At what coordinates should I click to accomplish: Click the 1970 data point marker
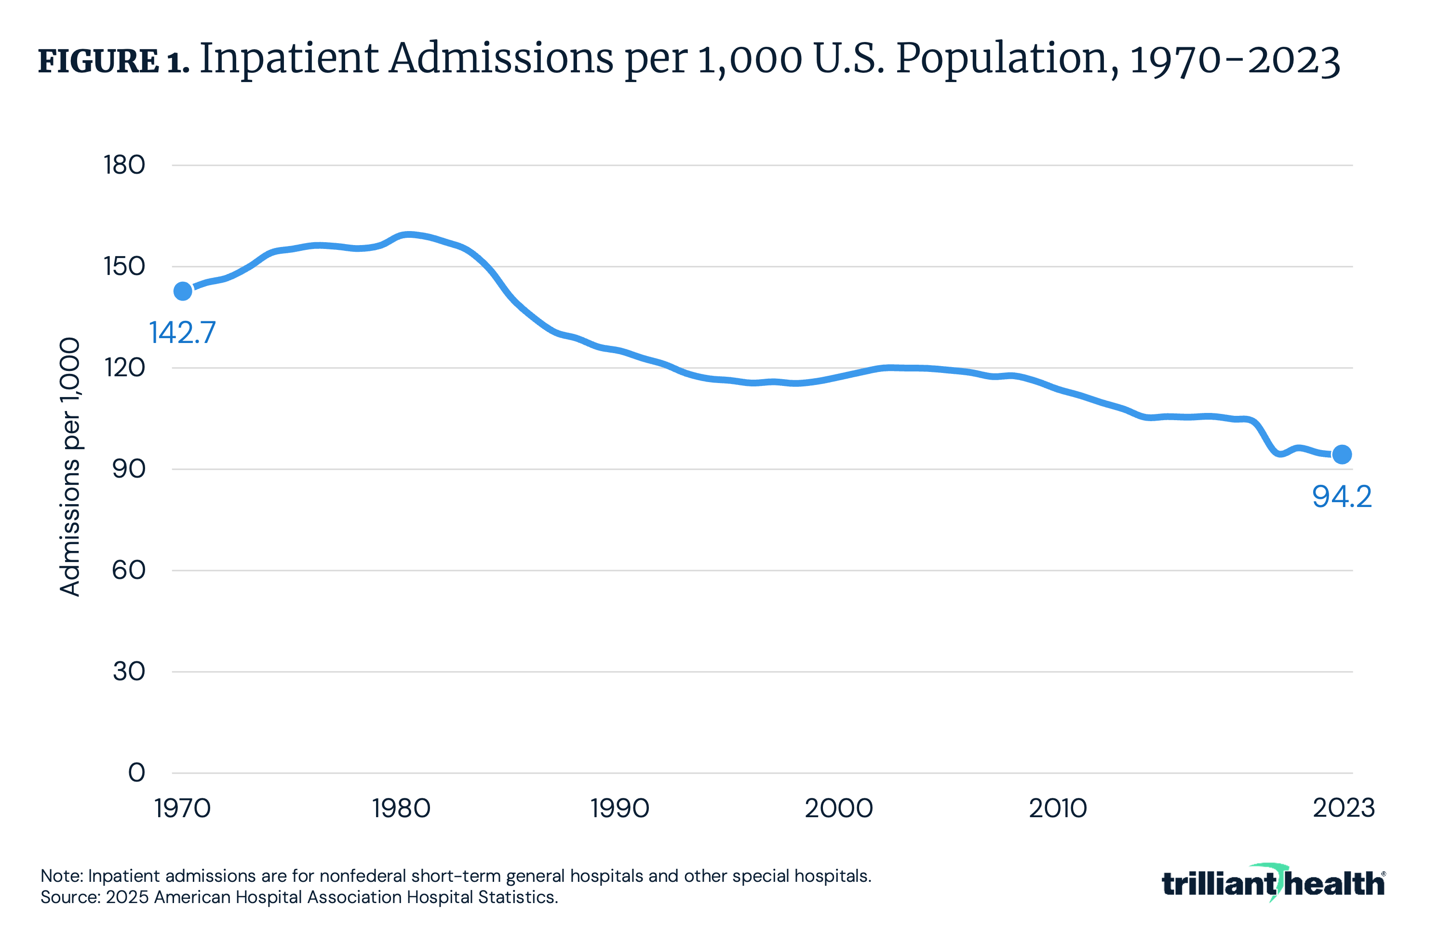(183, 291)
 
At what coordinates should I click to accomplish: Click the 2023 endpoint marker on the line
(1342, 454)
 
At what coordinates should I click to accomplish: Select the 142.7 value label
(183, 332)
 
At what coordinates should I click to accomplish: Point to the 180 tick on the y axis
(124, 165)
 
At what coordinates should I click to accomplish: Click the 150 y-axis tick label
(124, 267)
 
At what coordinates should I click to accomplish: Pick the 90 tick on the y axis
(129, 469)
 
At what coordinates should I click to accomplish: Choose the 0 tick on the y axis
(136, 772)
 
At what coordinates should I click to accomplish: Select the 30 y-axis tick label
(129, 672)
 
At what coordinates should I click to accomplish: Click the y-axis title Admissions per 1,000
(70, 467)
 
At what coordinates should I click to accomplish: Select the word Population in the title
(1002, 59)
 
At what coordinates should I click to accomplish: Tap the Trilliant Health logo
(1273, 883)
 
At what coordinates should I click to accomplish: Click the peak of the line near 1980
(408, 234)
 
